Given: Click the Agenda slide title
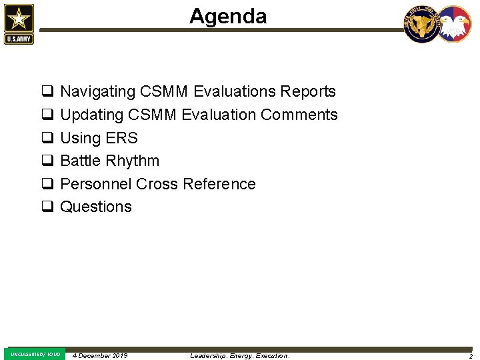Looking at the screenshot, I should coord(228,16).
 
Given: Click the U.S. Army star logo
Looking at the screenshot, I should coord(19,24).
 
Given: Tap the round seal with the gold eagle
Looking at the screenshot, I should coord(422,24).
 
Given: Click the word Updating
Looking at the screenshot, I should coord(92,115).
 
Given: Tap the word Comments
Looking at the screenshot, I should coord(299,115).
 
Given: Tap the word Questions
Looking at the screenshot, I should coord(96,207).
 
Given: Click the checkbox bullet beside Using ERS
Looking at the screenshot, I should coord(47,138).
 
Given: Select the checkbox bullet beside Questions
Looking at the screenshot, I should coord(47,207).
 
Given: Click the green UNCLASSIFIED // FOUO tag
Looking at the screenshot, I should coord(35,354).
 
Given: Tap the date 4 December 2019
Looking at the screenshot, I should coord(100,356).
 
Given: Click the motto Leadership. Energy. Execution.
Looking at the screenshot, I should coord(240,356).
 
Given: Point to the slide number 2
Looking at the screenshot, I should coord(470,356).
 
